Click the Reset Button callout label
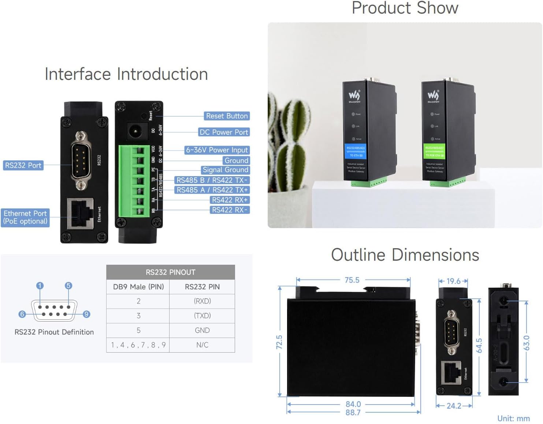pyautogui.click(x=227, y=116)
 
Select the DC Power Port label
pyautogui.click(x=224, y=132)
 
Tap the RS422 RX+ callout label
pyautogui.click(x=230, y=200)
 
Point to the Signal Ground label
pyautogui.click(x=225, y=170)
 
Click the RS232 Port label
pyautogui.click(x=23, y=165)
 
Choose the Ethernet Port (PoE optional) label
pyautogui.click(x=25, y=217)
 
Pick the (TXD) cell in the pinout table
pyautogui.click(x=202, y=316)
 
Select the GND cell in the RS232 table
pyautogui.click(x=202, y=330)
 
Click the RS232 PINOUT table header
pyautogui.click(x=170, y=272)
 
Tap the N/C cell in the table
pyautogui.click(x=202, y=345)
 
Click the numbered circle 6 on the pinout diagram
pyautogui.click(x=22, y=314)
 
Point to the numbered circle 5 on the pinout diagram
pyautogui.click(x=68, y=286)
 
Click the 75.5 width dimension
pyautogui.click(x=352, y=280)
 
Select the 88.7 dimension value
pyautogui.click(x=353, y=413)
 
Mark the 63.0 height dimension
pyautogui.click(x=526, y=343)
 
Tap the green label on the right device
pyautogui.click(x=434, y=151)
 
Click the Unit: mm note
pyautogui.click(x=513, y=419)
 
